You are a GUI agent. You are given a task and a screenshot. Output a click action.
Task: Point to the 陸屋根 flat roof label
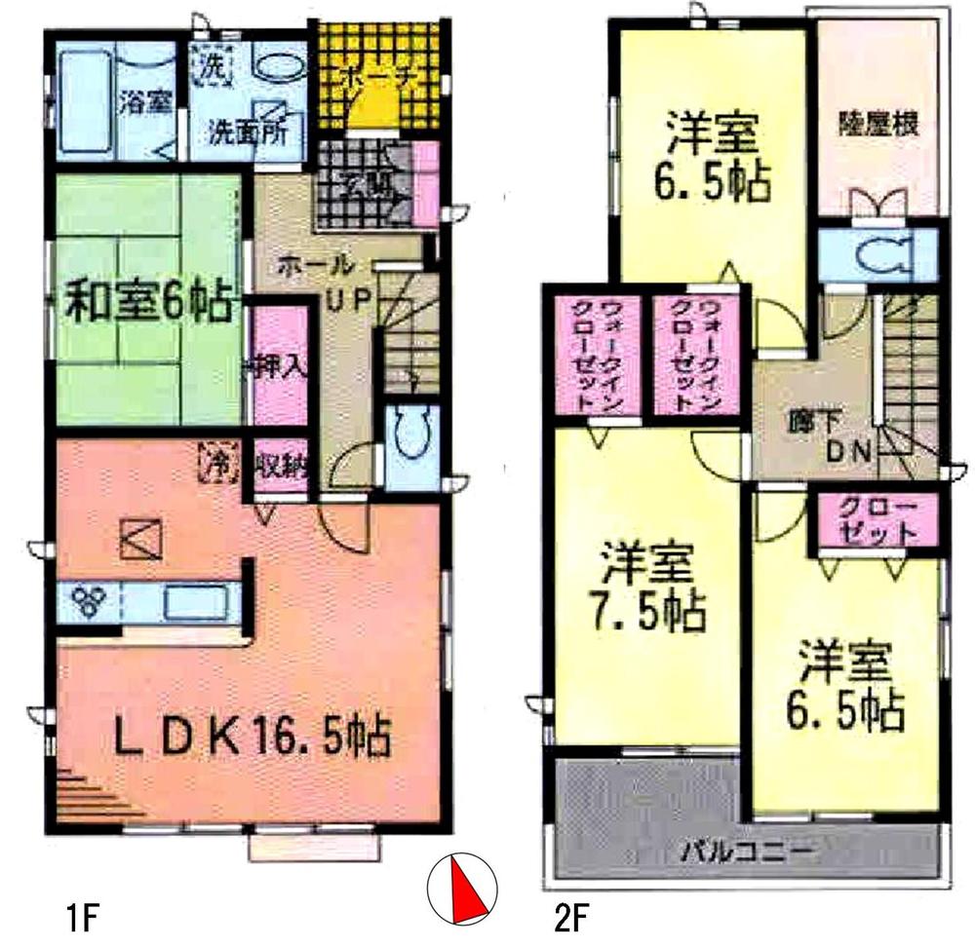coord(879,128)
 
